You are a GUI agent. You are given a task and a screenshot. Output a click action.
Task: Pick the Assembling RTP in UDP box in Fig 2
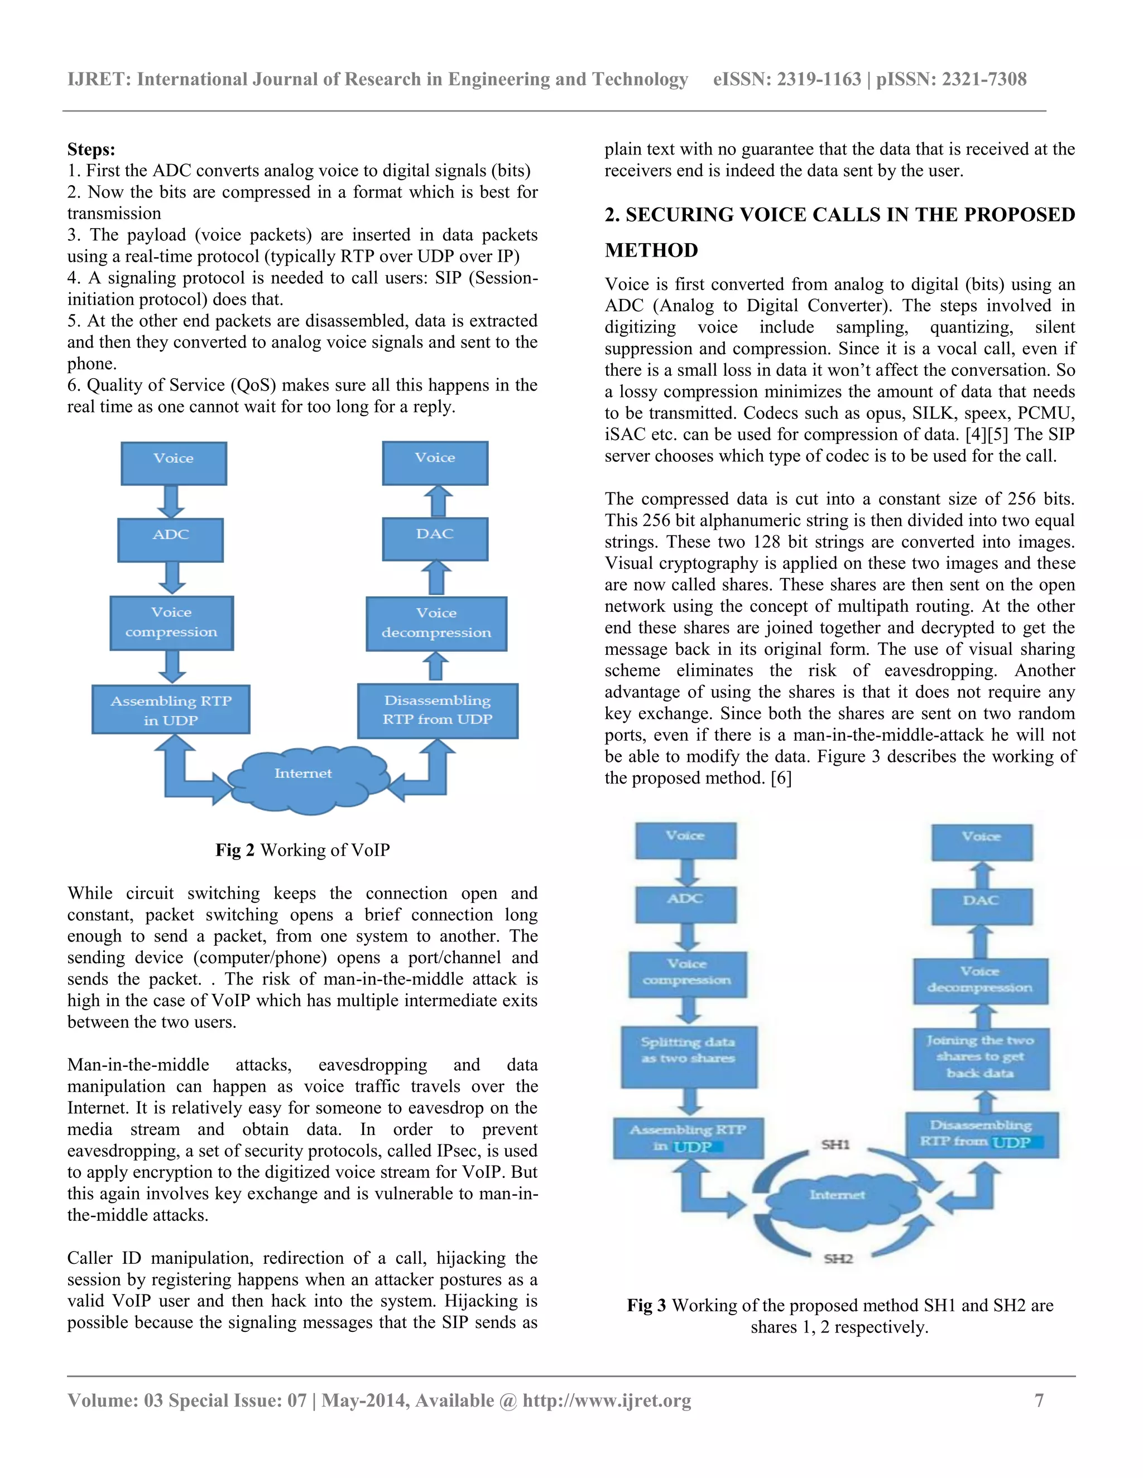(x=171, y=710)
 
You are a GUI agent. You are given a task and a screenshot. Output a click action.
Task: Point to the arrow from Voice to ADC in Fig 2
(x=171, y=501)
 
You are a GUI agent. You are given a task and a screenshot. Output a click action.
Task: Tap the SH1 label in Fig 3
(x=835, y=1144)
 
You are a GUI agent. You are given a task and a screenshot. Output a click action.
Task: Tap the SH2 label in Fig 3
(x=838, y=1259)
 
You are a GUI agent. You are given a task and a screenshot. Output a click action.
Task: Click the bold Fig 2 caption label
(x=234, y=850)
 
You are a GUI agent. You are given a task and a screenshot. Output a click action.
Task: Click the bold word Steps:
(x=91, y=149)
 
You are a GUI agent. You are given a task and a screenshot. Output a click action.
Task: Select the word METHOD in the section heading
(x=651, y=250)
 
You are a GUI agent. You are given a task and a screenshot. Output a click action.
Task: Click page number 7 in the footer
(x=1039, y=1400)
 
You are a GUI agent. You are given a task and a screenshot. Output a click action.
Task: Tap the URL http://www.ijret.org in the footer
(x=606, y=1400)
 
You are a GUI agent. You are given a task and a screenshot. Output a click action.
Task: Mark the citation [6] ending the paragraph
(x=781, y=778)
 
